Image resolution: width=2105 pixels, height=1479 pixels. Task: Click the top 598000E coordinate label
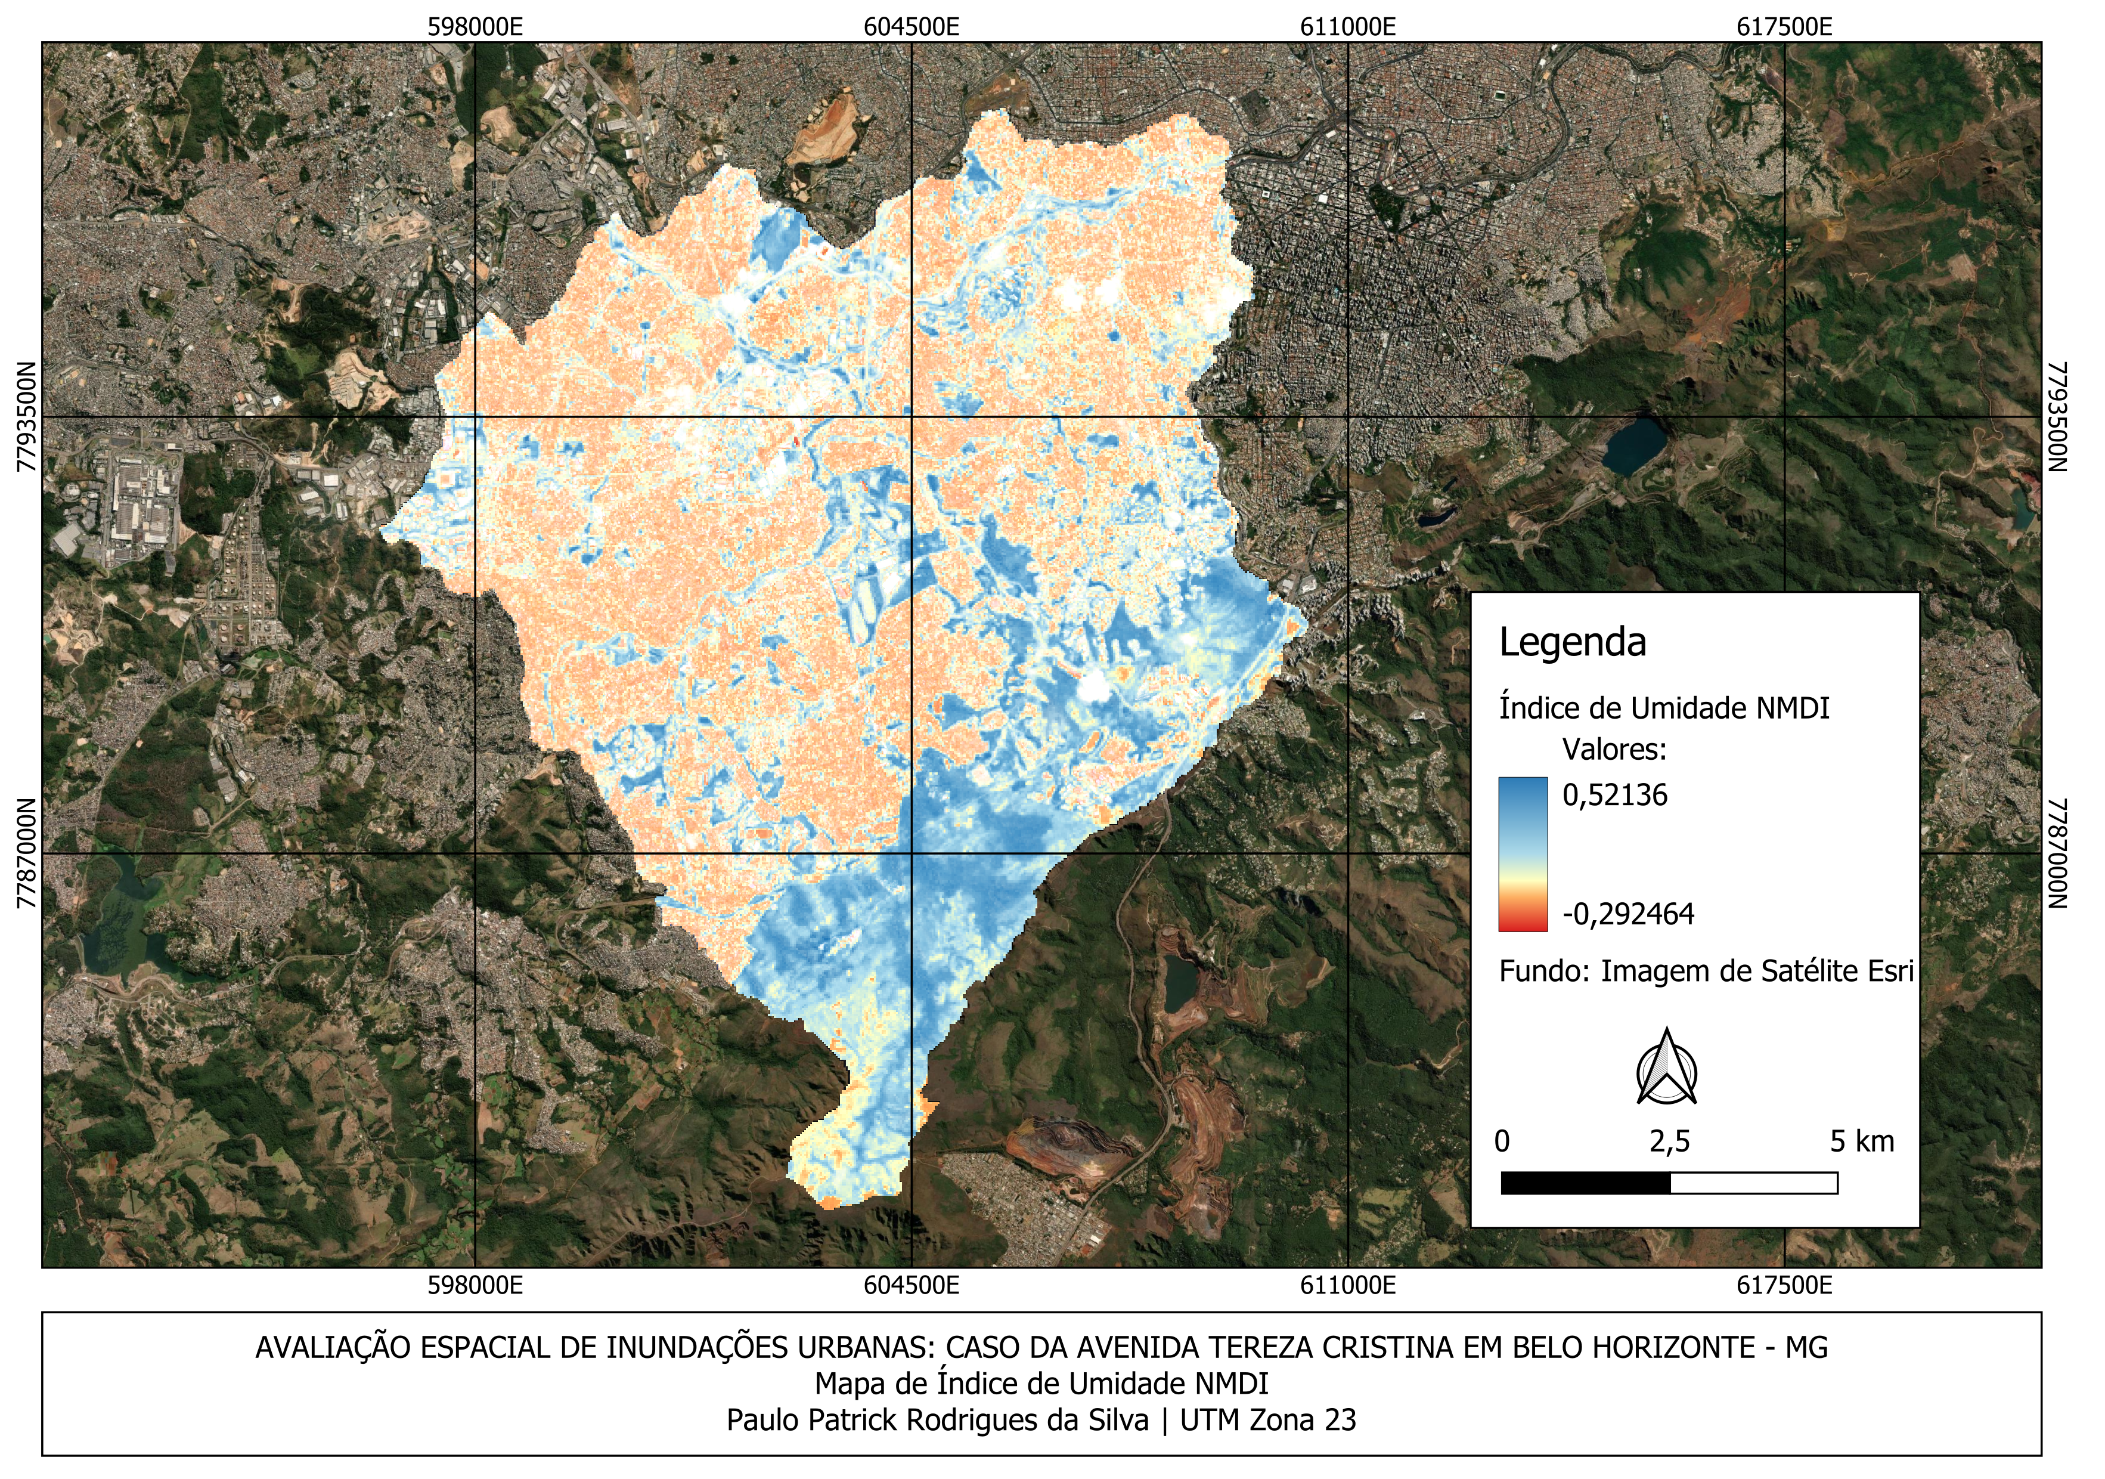[475, 27]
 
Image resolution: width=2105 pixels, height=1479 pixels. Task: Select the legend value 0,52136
[1614, 795]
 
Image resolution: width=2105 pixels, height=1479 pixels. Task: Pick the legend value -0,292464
[1628, 914]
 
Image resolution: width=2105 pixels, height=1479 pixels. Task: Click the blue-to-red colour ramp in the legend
[1523, 853]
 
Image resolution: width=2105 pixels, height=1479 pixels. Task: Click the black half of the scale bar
[1585, 1183]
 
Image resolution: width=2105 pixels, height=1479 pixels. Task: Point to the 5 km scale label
[1861, 1141]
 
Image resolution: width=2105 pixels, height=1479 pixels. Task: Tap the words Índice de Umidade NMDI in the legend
[1664, 708]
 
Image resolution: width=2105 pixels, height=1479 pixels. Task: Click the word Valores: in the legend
[1614, 750]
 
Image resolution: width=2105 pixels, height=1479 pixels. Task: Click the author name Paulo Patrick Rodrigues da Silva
[937, 1421]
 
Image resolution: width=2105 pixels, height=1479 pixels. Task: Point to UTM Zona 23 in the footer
[1268, 1421]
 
